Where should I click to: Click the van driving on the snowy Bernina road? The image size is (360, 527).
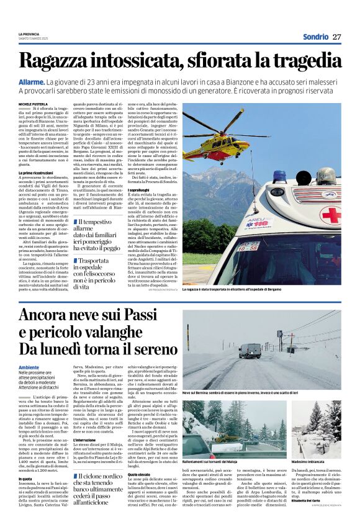tap(250, 351)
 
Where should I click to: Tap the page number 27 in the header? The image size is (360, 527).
tap(336, 35)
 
